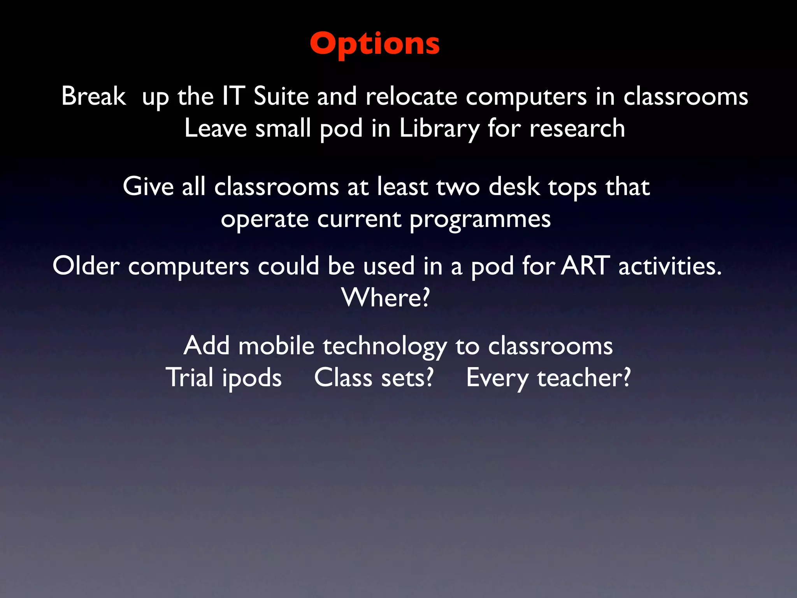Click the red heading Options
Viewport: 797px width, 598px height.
point(375,44)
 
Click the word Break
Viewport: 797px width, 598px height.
point(93,96)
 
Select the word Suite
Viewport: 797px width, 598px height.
point(281,96)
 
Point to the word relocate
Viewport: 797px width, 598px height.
point(411,96)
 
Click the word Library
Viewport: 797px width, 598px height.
point(439,129)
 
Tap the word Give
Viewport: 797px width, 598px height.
point(148,187)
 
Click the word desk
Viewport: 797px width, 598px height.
point(514,187)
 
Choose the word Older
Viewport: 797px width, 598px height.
point(86,266)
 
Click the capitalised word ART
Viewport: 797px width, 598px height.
point(585,266)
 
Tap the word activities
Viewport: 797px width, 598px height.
point(670,266)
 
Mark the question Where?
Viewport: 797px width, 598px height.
point(386,298)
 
